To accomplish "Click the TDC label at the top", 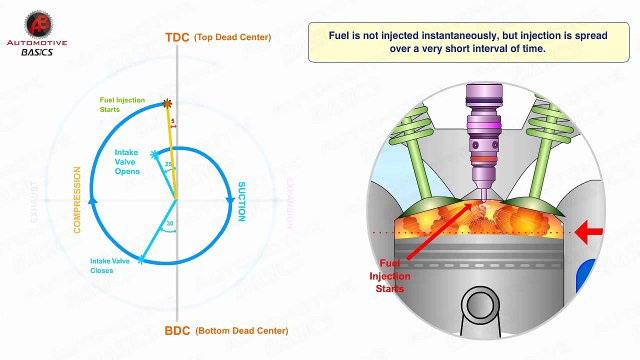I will pyautogui.click(x=177, y=38).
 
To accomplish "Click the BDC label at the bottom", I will pyautogui.click(x=176, y=330).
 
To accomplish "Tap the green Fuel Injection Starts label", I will pyautogui.click(x=122, y=104).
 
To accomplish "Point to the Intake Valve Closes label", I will pyautogui.click(x=109, y=265).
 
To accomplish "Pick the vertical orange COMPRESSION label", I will pyautogui.click(x=76, y=200).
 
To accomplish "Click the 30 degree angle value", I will pyautogui.click(x=170, y=223).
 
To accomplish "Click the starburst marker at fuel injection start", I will pyautogui.click(x=167, y=103).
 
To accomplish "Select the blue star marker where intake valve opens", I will pyautogui.click(x=154, y=155).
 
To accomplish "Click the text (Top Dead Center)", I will pyautogui.click(x=233, y=38).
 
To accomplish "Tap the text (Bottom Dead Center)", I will pyautogui.click(x=241, y=330).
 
